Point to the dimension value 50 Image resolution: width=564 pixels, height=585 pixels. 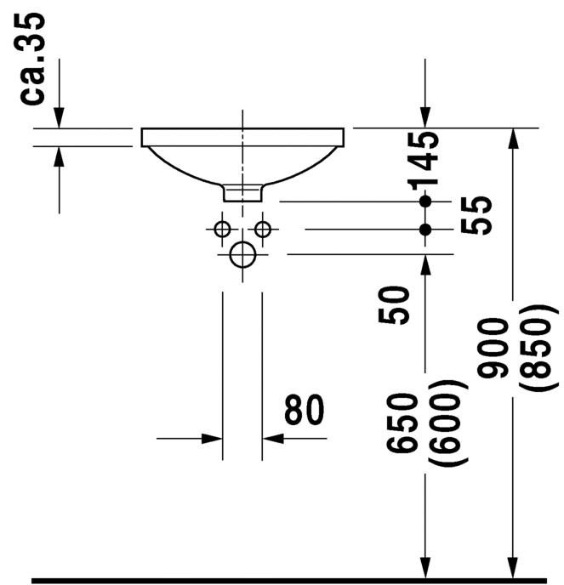tap(396, 304)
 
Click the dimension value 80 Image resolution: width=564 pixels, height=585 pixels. tap(305, 411)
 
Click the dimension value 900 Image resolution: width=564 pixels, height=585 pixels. tap(491, 349)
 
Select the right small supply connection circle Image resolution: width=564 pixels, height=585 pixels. tap(263, 229)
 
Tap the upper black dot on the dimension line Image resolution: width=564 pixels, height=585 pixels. tap(426, 202)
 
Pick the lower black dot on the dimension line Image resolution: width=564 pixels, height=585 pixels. tap(426, 230)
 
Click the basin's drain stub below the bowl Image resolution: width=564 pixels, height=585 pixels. tap(243, 193)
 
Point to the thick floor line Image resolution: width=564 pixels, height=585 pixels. tap(289, 581)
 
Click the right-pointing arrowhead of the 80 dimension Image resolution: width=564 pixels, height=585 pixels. tap(212, 439)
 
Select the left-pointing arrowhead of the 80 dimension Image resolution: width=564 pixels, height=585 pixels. tap(273, 439)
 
